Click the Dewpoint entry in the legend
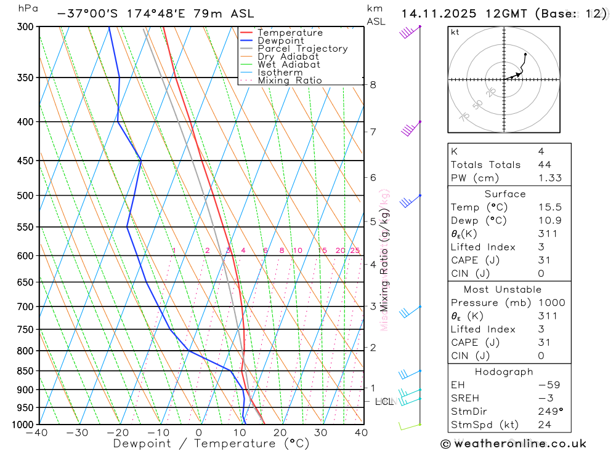280,41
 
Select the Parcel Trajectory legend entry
302,49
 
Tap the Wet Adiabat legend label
289,65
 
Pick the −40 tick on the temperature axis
37,433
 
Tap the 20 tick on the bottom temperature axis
280,433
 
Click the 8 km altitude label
373,85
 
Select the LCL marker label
384,402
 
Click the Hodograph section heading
504,372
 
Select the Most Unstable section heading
504,289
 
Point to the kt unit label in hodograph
455,32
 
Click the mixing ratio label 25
355,250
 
